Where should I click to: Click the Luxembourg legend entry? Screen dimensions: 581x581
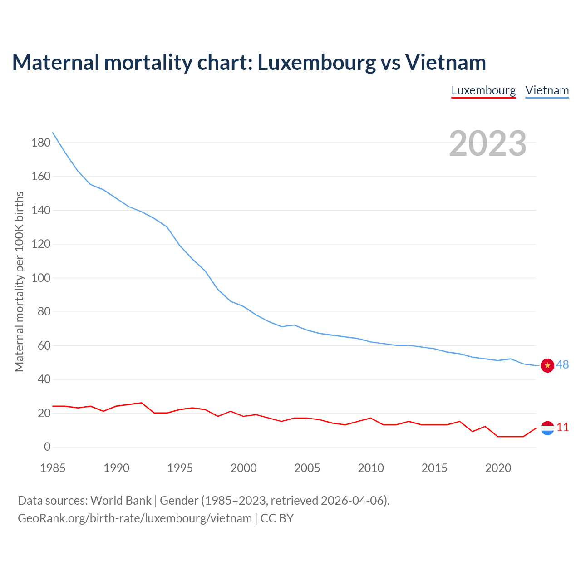click(x=483, y=90)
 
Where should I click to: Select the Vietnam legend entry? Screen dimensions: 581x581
click(x=547, y=90)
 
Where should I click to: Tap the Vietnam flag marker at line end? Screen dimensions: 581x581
click(x=547, y=365)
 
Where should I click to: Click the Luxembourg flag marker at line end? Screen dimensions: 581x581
click(x=547, y=428)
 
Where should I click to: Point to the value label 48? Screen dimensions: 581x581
click(x=562, y=365)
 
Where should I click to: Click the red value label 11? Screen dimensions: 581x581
click(x=562, y=428)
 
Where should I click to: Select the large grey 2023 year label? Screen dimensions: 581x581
click(x=487, y=143)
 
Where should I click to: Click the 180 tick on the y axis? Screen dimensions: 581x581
click(x=41, y=143)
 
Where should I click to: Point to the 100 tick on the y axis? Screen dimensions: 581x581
click(x=41, y=278)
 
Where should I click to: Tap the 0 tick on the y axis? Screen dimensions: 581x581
click(x=47, y=447)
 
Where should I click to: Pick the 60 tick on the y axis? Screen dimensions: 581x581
click(x=44, y=346)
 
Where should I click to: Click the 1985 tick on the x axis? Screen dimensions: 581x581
click(x=53, y=468)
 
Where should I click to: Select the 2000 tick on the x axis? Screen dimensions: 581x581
click(x=244, y=468)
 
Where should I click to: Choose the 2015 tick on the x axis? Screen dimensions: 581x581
click(x=434, y=468)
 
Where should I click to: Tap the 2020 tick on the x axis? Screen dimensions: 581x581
click(x=498, y=468)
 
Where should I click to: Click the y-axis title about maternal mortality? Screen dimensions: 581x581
click(x=19, y=281)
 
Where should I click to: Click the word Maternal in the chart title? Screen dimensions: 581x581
click(x=56, y=62)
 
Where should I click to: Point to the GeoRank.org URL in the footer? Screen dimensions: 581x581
click(x=135, y=518)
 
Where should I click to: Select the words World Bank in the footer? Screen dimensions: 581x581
click(x=121, y=501)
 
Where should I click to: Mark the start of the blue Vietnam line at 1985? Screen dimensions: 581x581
click(x=53, y=133)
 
